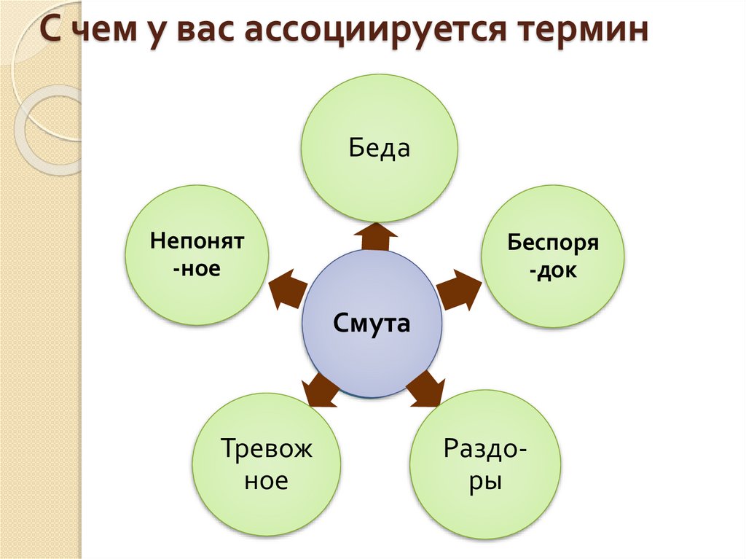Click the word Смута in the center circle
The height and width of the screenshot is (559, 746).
click(372, 322)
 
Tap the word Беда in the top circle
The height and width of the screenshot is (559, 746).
click(380, 148)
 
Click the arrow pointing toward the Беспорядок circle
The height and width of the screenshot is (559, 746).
click(459, 290)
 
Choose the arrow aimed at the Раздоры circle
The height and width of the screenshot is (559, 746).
click(425, 388)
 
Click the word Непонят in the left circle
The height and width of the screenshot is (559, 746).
click(197, 241)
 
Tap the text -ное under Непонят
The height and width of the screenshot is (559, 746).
click(197, 269)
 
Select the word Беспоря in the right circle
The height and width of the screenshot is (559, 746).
click(553, 242)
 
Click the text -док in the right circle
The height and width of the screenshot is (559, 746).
click(553, 271)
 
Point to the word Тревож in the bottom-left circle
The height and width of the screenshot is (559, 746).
click(266, 448)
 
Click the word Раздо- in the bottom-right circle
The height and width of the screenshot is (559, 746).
click(486, 447)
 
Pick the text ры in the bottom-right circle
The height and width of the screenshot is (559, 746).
click(485, 482)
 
